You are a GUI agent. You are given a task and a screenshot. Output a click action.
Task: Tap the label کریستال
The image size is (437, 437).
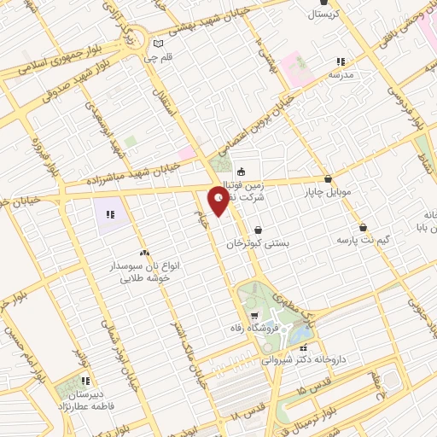[x=328, y=15]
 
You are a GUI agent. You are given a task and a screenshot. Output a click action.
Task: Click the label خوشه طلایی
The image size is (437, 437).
[x=143, y=278]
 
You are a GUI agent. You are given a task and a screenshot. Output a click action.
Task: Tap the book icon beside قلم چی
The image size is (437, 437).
[x=157, y=44]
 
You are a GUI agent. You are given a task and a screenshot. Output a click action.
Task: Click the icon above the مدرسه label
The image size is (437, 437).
[x=341, y=61]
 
